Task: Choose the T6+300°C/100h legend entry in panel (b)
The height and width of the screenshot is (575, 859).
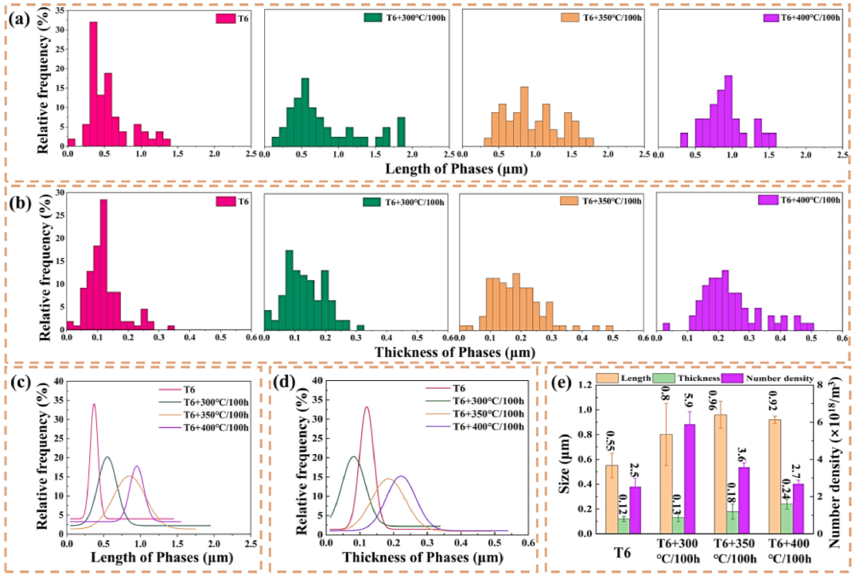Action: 400,201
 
